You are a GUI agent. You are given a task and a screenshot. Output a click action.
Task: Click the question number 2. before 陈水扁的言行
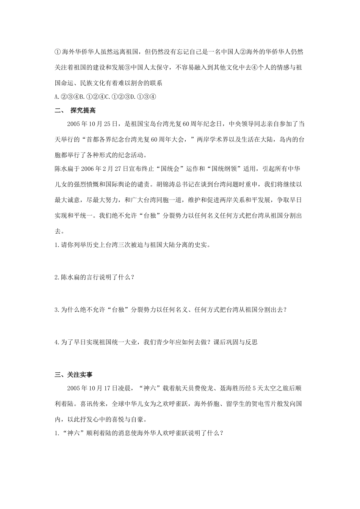pyautogui.click(x=58, y=277)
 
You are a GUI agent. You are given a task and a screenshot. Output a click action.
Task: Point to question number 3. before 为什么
pyautogui.click(x=58, y=310)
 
